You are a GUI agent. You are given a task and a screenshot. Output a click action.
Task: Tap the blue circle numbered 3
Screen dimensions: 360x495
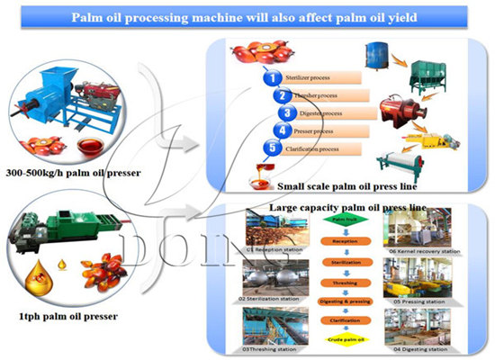coord(287,113)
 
